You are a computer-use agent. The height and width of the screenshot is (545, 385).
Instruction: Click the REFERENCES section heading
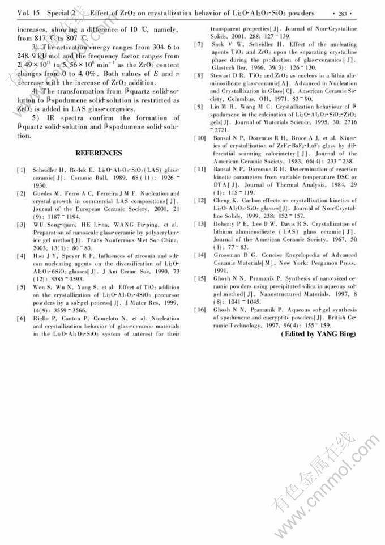[99, 153]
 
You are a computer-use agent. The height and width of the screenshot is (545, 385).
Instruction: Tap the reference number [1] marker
[20, 170]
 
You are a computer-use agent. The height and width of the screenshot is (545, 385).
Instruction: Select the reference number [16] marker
[200, 310]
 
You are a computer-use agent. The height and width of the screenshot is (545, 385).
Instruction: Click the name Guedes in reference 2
[44, 193]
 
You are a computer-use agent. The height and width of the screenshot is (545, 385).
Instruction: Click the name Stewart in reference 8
[223, 75]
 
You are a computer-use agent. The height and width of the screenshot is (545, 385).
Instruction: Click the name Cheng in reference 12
[221, 200]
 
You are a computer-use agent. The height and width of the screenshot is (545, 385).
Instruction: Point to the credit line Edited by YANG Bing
[318, 335]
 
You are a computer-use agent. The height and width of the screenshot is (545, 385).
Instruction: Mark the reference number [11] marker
[200, 169]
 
